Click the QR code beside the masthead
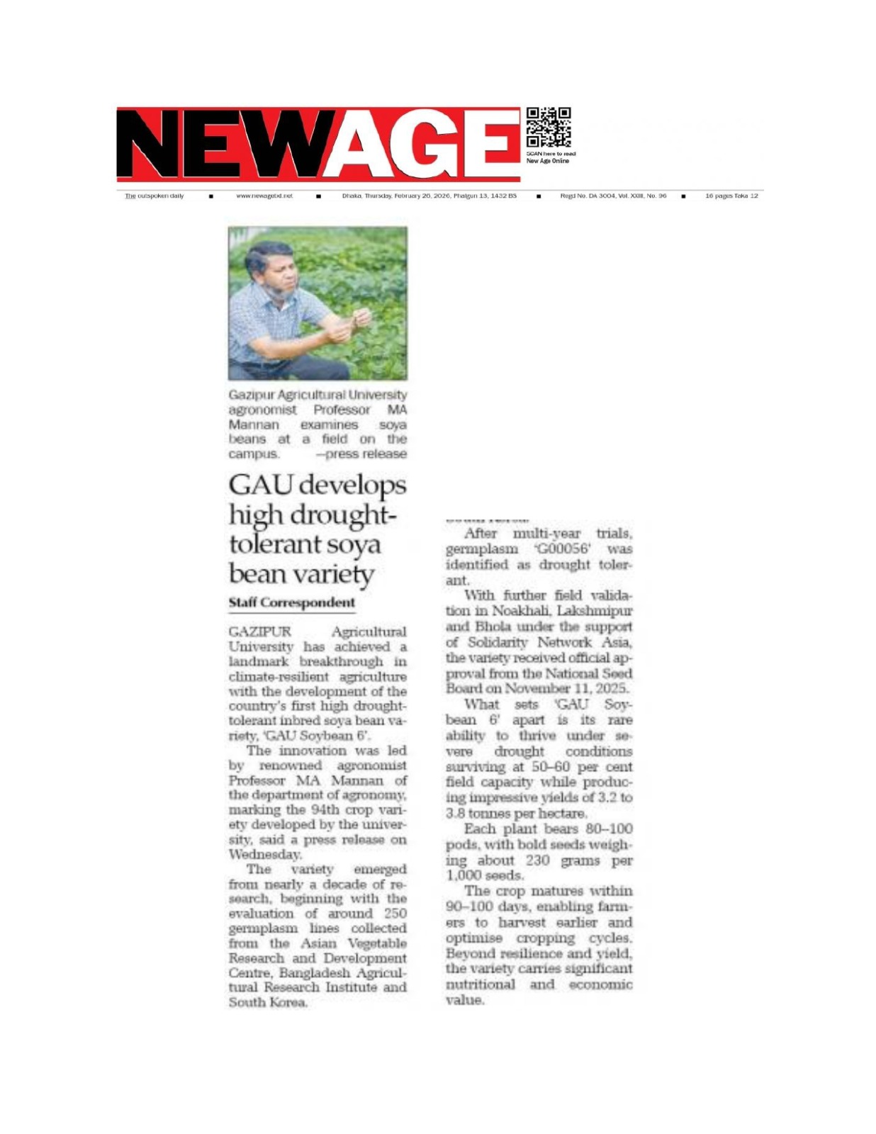pos(548,128)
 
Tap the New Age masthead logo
pos(318,145)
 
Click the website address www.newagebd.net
pos(264,196)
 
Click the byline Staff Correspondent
pos(291,602)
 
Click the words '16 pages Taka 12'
pos(731,196)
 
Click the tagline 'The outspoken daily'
pos(154,196)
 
